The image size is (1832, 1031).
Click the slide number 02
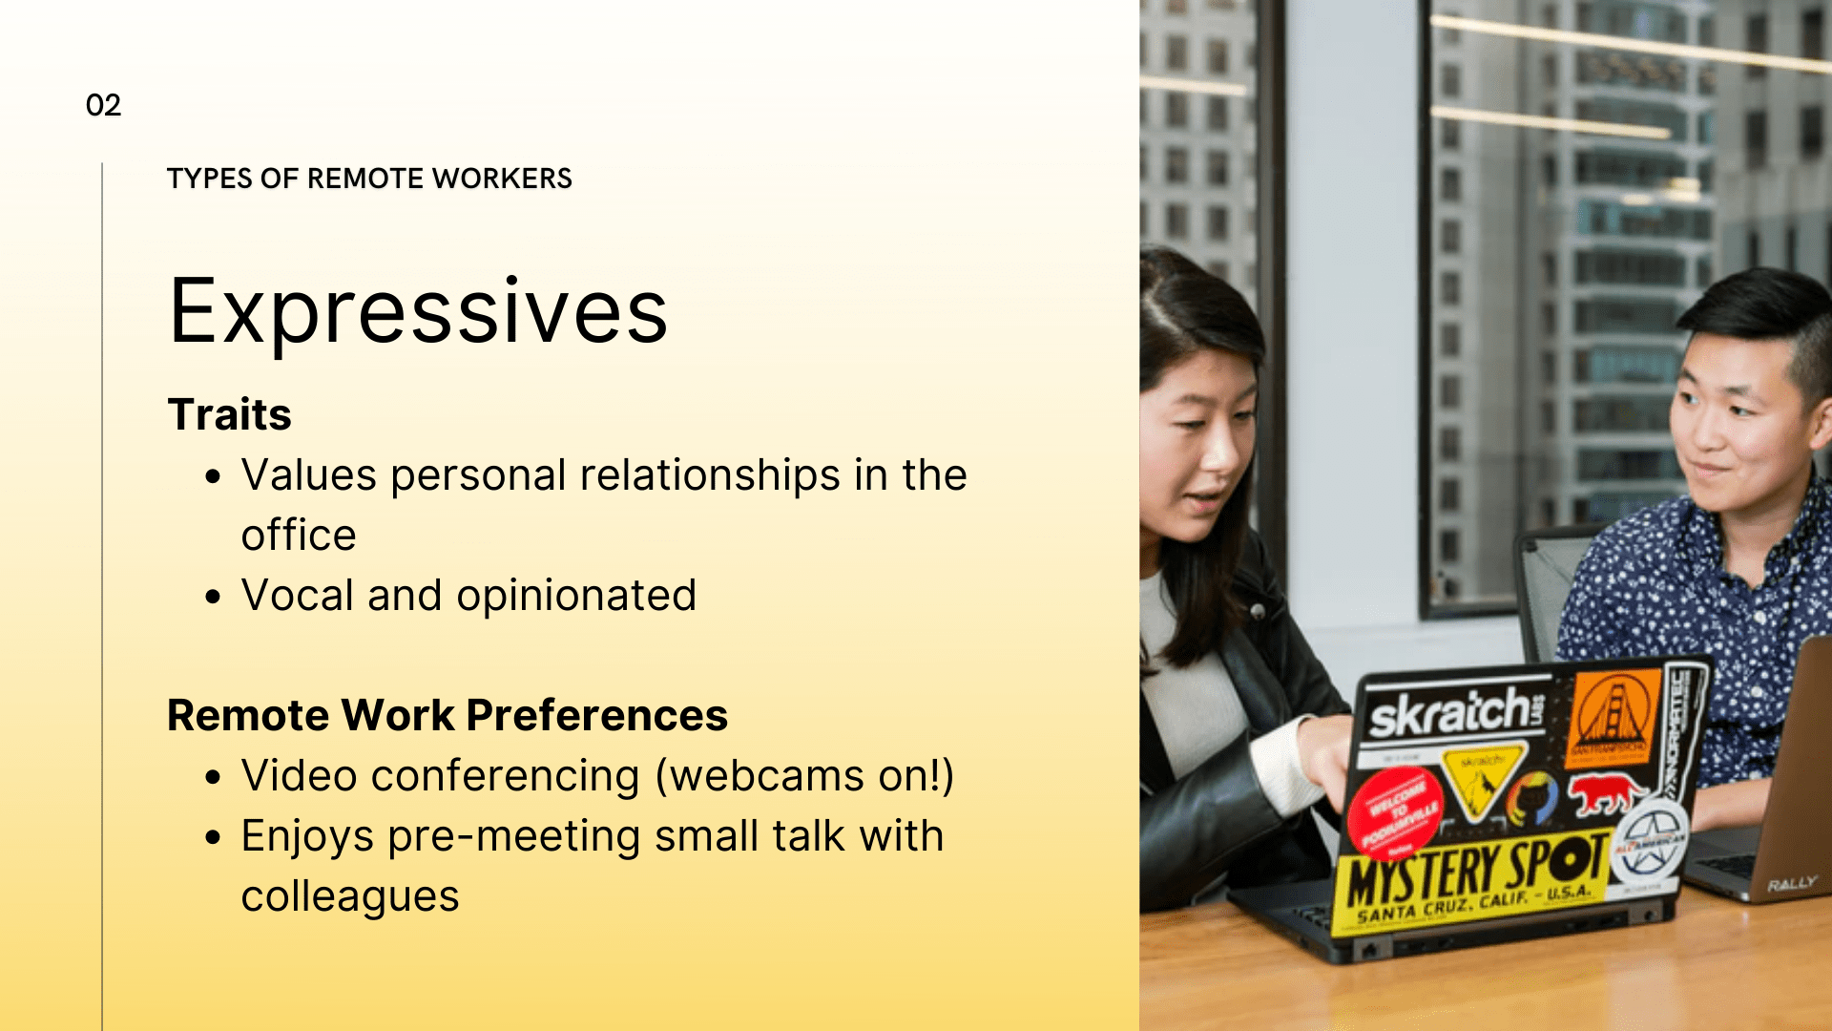[x=103, y=105]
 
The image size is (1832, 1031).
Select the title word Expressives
[x=418, y=311]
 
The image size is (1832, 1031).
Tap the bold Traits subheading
[x=229, y=414]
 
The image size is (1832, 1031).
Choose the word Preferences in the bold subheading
[x=597, y=715]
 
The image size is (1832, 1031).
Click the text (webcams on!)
[x=804, y=775]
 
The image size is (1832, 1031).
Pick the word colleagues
[x=350, y=896]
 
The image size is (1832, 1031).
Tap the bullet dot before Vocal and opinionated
[x=213, y=598]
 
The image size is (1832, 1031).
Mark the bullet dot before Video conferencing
[x=213, y=778]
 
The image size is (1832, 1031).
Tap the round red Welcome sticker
[x=1394, y=811]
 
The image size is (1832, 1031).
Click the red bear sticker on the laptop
[x=1608, y=792]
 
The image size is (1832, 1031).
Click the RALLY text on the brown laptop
[x=1791, y=884]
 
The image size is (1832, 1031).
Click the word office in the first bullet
[x=299, y=536]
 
